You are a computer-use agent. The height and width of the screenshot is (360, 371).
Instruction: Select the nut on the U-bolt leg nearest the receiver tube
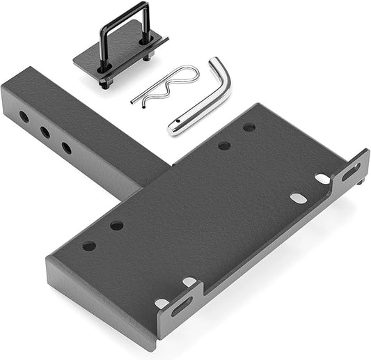coord(104,82)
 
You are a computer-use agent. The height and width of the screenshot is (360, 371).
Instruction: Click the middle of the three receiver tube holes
coord(45,132)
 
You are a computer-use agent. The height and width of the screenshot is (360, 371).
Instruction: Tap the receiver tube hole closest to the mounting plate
coord(66,148)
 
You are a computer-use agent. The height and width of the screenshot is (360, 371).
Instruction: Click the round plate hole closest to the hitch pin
coord(248,127)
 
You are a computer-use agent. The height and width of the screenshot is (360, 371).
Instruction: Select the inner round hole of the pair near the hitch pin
coord(224,146)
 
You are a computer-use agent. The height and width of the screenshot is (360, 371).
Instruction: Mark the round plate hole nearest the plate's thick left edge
coord(89,246)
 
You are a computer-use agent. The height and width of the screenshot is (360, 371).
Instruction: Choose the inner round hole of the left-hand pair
coord(116,226)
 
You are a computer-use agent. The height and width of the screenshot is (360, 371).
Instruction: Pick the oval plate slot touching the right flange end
coord(322,179)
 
